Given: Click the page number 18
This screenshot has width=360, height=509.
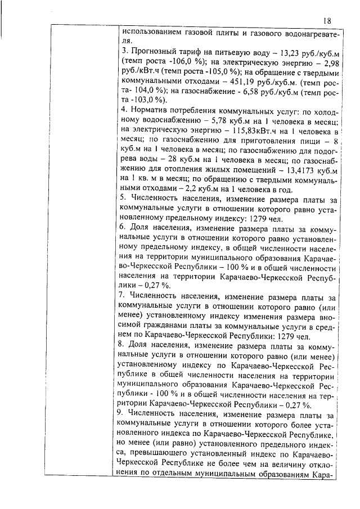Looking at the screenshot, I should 328,20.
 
